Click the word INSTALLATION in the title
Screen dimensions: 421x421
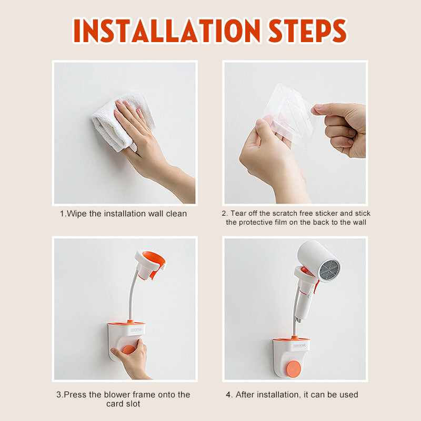(x=166, y=31)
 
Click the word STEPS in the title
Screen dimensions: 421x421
(x=308, y=31)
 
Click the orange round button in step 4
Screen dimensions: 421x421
(x=294, y=368)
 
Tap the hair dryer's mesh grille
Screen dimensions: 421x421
(x=329, y=269)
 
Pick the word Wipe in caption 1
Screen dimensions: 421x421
(x=76, y=214)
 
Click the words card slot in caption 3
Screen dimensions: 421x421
(x=123, y=404)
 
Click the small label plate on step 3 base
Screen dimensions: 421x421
(x=137, y=330)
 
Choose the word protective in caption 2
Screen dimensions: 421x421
(x=256, y=222)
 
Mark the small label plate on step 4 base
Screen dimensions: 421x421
(x=299, y=346)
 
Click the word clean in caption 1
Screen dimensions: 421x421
(x=176, y=214)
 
